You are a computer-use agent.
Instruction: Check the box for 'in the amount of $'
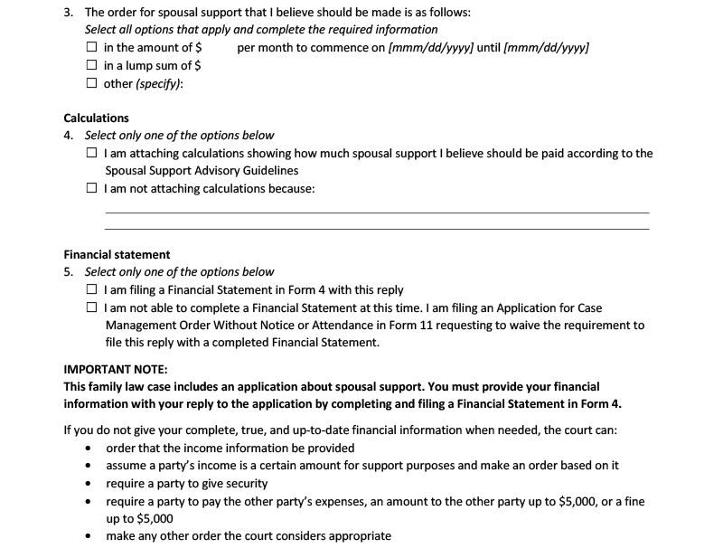coord(91,48)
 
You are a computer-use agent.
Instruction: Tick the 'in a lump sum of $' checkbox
coord(91,66)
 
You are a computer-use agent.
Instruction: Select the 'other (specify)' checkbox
coord(91,84)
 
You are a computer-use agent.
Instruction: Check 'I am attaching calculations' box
coord(91,154)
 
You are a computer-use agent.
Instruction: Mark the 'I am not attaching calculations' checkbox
coord(91,189)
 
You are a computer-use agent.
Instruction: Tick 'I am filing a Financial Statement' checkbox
coord(91,290)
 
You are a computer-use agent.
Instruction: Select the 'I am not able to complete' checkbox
coord(91,308)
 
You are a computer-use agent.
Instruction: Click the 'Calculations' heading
coord(96,118)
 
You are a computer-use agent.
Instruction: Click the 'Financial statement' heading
coord(117,255)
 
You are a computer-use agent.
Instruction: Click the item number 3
coord(69,14)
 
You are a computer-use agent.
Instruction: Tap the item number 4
coord(69,136)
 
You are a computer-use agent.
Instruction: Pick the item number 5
coord(69,272)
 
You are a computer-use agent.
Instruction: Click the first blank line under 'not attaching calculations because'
coord(377,212)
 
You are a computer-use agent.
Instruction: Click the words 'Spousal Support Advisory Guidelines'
coord(202,171)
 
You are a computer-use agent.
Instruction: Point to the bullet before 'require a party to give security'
coord(88,484)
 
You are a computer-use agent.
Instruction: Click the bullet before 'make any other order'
coord(88,536)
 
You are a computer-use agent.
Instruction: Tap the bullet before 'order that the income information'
coord(88,449)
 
